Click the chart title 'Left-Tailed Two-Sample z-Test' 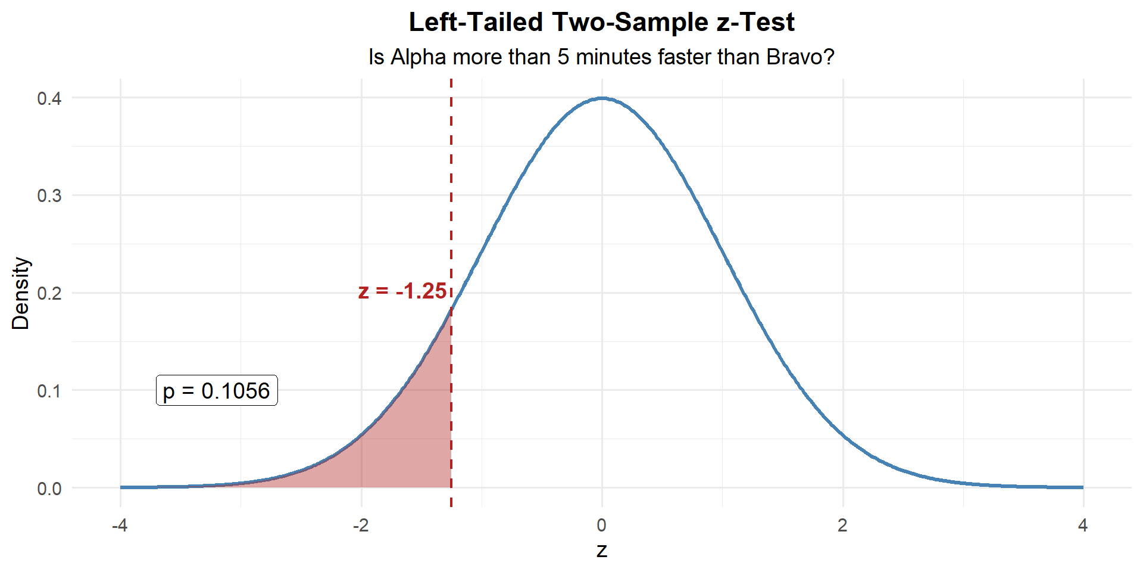coord(601,23)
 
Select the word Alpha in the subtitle coord(418,57)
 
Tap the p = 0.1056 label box coord(217,391)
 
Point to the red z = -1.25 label coord(402,291)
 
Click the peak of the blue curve coord(602,98)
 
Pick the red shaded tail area coord(411,441)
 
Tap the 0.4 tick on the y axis coord(49,98)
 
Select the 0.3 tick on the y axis coord(49,195)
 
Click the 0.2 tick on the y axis coord(49,293)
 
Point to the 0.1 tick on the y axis coord(49,391)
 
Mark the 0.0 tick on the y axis coord(49,489)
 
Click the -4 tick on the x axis coord(120,526)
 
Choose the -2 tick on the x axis coord(361,526)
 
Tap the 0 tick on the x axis coord(602,526)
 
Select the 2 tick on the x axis coord(842,526)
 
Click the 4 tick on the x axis coord(1083,526)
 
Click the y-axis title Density coord(21,293)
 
